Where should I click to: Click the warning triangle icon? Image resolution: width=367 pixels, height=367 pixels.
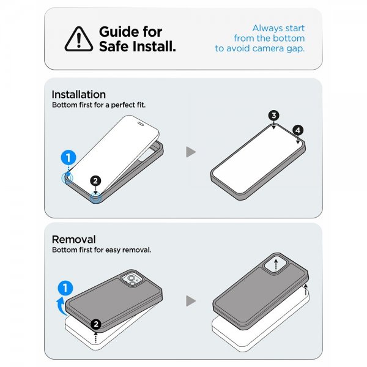(x=79, y=39)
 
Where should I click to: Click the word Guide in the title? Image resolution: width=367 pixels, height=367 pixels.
(x=119, y=32)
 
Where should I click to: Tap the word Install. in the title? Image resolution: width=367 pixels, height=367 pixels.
(x=154, y=46)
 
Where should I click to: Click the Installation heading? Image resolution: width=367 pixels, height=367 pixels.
(x=79, y=95)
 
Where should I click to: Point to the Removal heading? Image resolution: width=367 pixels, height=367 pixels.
(x=74, y=239)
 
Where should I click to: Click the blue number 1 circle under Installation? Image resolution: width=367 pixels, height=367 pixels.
(x=69, y=158)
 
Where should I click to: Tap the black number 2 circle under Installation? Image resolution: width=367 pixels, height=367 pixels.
(x=95, y=180)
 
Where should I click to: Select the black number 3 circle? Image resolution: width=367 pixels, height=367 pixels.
(x=274, y=116)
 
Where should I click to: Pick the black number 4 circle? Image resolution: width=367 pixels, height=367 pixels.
(x=298, y=130)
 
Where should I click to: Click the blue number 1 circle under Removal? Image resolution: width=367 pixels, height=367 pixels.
(x=65, y=288)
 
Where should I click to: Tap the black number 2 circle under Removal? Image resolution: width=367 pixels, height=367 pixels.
(x=96, y=324)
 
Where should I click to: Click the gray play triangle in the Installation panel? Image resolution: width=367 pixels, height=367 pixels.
(x=190, y=152)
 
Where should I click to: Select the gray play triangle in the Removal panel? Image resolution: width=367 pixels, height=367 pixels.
(x=190, y=301)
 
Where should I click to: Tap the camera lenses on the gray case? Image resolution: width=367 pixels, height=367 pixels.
(x=131, y=280)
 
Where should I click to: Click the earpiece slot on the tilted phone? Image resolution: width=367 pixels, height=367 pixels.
(x=141, y=124)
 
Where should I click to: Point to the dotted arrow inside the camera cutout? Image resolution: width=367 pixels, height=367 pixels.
(x=276, y=264)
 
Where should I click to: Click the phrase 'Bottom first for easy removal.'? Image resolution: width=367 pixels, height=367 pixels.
(x=102, y=250)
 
